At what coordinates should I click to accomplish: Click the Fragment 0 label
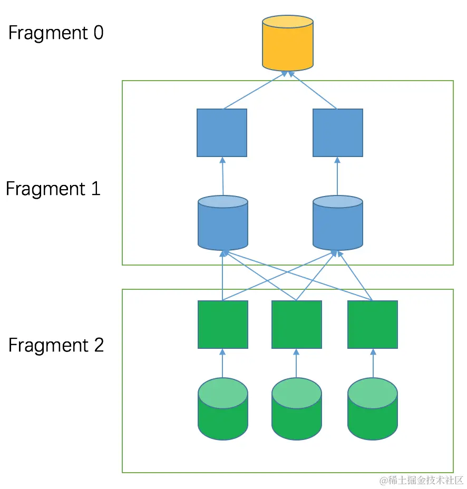click(x=56, y=33)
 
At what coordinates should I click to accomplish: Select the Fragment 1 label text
click(x=53, y=189)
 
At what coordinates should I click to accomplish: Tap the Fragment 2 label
click(x=56, y=345)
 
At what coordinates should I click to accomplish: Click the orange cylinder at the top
click(x=288, y=44)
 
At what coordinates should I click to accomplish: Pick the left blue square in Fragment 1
click(x=222, y=133)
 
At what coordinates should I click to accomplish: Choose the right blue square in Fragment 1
click(x=337, y=133)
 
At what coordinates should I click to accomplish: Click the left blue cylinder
click(x=223, y=223)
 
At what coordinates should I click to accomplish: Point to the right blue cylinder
click(x=337, y=223)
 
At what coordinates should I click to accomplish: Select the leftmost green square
click(x=222, y=325)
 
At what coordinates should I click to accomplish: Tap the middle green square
click(x=296, y=325)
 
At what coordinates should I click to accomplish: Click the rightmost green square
click(x=373, y=325)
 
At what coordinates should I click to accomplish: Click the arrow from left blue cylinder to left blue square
click(x=222, y=177)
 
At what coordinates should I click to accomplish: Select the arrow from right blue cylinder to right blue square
click(x=337, y=177)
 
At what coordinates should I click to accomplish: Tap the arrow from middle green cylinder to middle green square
click(x=296, y=364)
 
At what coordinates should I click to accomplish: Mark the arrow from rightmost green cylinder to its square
click(x=373, y=364)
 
